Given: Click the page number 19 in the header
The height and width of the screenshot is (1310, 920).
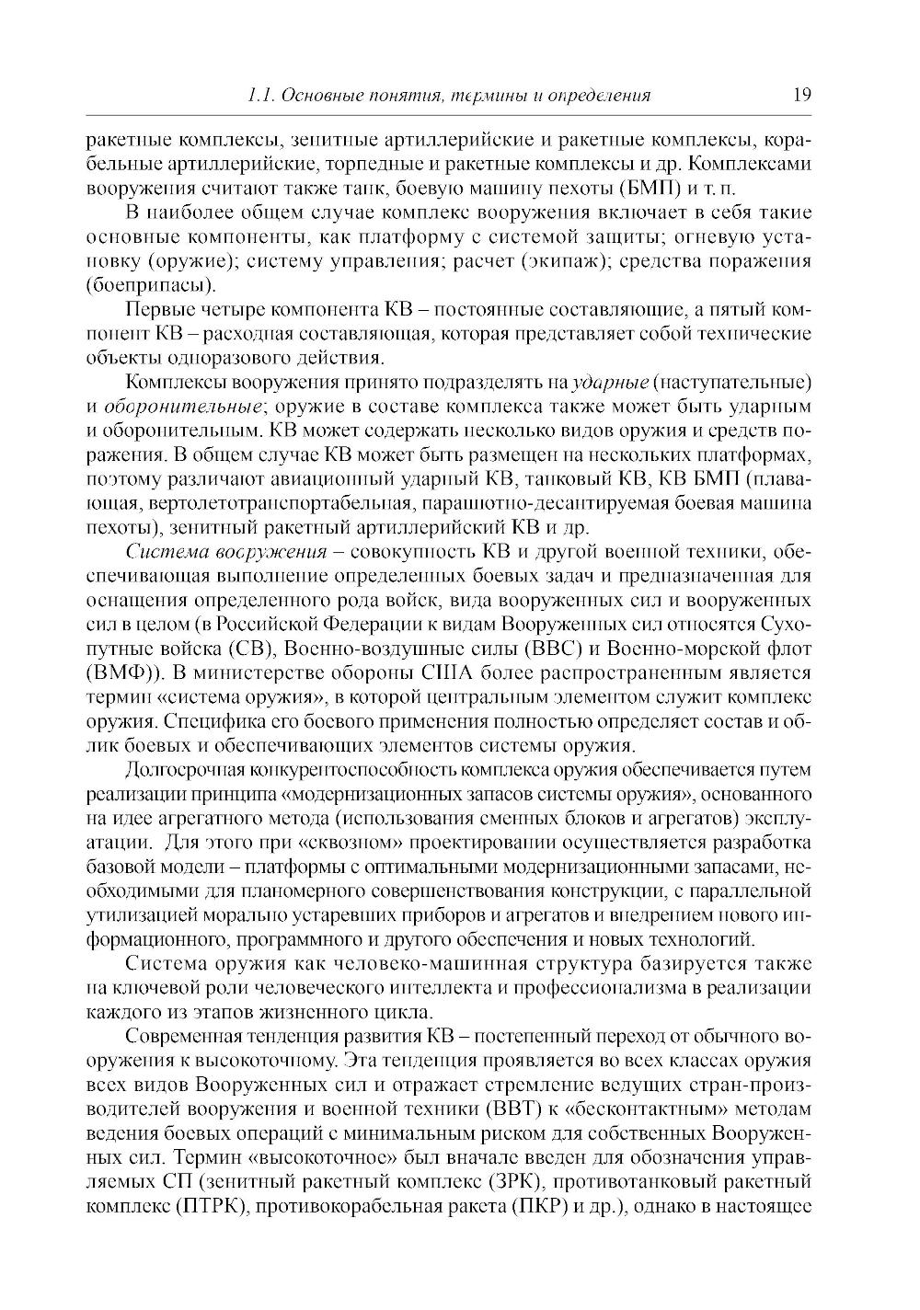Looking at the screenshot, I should [799, 95].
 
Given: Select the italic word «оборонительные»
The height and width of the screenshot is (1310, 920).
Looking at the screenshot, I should [184, 406].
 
